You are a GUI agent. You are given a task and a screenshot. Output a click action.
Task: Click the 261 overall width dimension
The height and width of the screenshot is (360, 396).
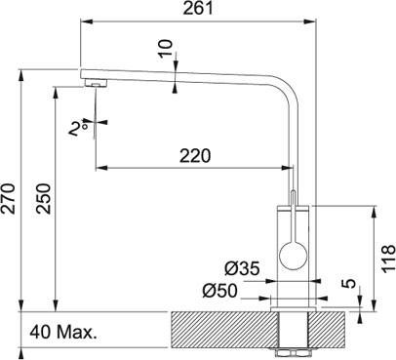pyautogui.click(x=198, y=9)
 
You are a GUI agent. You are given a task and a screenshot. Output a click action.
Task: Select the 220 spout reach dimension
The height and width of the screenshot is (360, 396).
pyautogui.click(x=195, y=155)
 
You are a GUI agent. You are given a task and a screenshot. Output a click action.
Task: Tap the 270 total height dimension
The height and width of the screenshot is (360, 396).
pyautogui.click(x=9, y=198)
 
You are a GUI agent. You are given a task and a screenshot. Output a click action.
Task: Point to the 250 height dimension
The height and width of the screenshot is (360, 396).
pyautogui.click(x=44, y=198)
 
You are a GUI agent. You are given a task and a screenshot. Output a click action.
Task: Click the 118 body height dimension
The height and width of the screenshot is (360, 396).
pyautogui.click(x=388, y=260)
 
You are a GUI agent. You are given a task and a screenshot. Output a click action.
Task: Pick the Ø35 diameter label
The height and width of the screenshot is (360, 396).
pyautogui.click(x=242, y=268)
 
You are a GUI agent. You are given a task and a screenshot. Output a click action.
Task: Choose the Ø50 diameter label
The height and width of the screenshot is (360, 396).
pyautogui.click(x=219, y=291)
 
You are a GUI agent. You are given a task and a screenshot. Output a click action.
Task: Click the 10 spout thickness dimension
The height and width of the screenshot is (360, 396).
pyautogui.click(x=166, y=49)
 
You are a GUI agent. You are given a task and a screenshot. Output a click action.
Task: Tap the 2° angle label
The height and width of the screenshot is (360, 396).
pyautogui.click(x=78, y=129)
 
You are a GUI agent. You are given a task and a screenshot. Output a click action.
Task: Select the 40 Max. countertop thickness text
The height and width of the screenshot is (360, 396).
pyautogui.click(x=63, y=333)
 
